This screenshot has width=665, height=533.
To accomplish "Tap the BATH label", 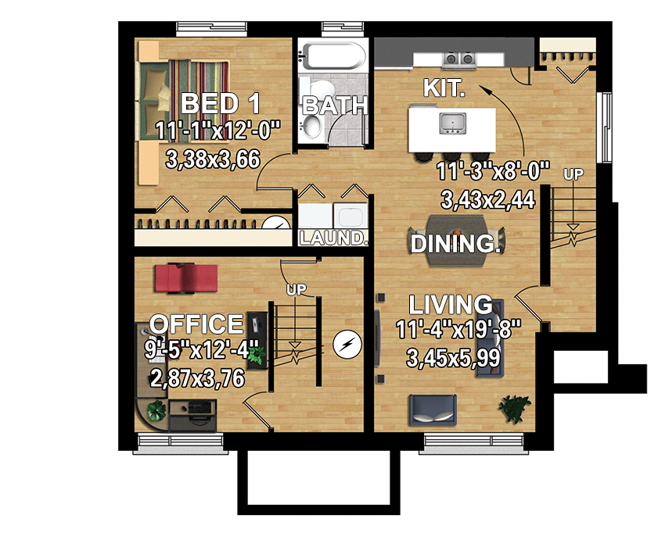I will coord(334,104).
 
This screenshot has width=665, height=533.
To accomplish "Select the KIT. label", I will coord(444,88).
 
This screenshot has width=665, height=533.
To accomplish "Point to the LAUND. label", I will coord(334,238).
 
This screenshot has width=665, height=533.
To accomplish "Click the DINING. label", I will coord(455,244).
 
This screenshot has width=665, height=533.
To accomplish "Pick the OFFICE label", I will coord(196,324).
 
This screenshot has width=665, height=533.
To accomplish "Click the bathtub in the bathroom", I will coord(333,57).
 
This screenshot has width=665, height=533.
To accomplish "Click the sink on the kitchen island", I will coord(452,122).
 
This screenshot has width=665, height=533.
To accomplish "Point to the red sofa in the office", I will coord(185,277).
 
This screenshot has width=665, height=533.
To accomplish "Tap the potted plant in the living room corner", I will coord(514,406).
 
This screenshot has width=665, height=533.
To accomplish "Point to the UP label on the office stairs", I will coord(297,290).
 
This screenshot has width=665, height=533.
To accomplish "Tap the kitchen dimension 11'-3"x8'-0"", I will coord(494,173).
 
